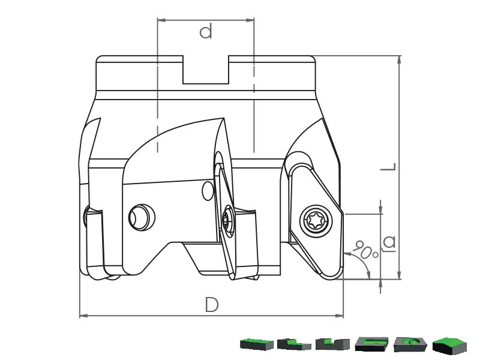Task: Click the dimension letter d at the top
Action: point(206,32)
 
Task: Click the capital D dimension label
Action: point(212,305)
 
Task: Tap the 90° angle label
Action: point(365,248)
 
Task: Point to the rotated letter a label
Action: point(389,243)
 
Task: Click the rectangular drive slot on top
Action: point(206,70)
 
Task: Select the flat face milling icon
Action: point(257,344)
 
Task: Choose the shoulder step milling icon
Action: point(294,344)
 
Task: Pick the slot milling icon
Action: point(332,344)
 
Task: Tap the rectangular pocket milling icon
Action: point(371,344)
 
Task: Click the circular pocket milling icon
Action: point(410,344)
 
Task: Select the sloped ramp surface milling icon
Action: point(449,344)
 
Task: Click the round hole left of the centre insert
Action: point(142,217)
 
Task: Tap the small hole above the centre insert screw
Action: point(208,191)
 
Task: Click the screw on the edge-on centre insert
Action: point(228,220)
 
